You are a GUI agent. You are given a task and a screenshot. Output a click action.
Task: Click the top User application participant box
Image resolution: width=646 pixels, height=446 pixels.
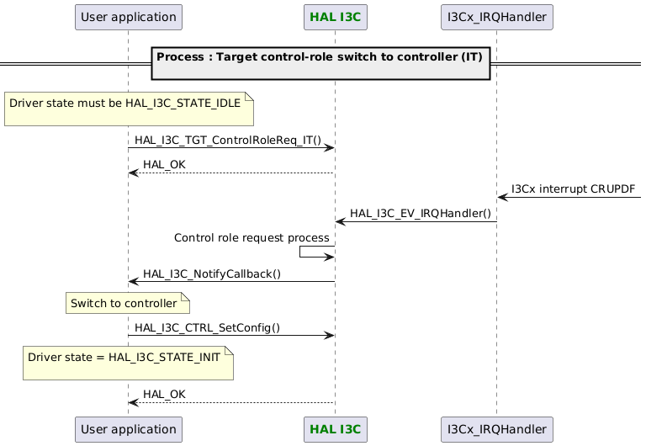click(128, 16)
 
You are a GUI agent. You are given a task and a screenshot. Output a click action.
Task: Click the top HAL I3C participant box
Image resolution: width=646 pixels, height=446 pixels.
click(335, 16)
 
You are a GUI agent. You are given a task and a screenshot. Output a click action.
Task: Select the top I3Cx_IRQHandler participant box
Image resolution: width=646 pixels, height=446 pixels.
click(496, 16)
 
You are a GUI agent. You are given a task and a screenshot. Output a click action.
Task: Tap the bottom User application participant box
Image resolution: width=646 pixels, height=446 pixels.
click(128, 429)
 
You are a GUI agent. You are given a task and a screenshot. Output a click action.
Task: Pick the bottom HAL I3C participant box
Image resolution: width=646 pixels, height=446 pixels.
click(335, 429)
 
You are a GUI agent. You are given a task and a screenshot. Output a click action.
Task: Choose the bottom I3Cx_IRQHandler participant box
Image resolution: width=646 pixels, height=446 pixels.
click(496, 429)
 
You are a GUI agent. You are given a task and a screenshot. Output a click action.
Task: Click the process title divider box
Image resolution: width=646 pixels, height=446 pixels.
click(320, 63)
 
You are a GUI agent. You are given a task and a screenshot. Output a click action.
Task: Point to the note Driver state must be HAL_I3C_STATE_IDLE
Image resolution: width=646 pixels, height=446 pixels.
click(129, 109)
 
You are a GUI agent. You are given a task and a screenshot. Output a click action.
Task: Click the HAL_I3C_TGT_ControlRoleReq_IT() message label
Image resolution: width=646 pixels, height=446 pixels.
click(228, 140)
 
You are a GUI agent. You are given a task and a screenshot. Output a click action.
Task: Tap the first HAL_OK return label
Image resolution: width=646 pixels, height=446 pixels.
click(164, 164)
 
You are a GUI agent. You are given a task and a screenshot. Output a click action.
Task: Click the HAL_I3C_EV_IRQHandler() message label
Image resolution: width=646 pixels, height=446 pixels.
click(421, 214)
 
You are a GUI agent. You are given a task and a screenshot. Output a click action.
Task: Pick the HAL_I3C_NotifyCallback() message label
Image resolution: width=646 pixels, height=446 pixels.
click(211, 273)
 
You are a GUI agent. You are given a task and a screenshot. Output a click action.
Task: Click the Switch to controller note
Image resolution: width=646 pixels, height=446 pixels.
click(129, 303)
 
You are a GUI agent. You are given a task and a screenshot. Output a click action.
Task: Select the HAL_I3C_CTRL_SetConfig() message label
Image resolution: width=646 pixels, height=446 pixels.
click(207, 327)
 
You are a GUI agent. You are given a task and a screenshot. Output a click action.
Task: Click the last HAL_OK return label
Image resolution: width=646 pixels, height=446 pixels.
click(164, 394)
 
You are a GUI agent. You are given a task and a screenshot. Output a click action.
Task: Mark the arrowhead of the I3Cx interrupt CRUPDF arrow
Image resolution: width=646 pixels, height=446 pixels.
click(502, 198)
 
